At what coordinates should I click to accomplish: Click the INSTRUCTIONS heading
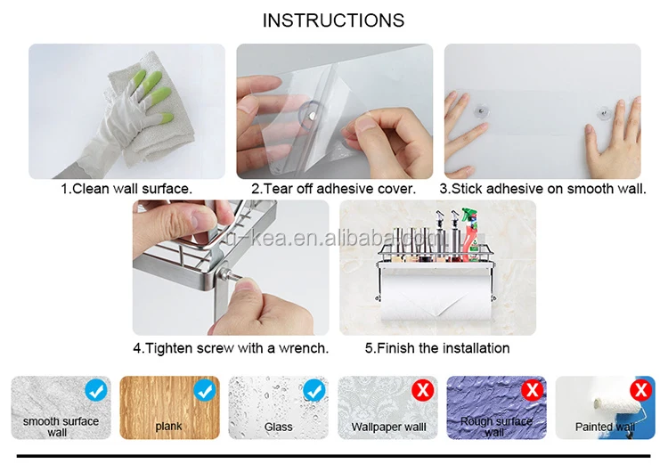[333, 20]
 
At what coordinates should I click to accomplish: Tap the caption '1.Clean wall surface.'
[126, 189]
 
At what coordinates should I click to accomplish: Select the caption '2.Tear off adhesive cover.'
[334, 189]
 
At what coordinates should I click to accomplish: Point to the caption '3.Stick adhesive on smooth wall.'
[542, 189]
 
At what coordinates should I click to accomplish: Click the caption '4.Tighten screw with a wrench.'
[231, 348]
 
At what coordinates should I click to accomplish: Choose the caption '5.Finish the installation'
[437, 348]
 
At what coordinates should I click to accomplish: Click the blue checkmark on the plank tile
[205, 390]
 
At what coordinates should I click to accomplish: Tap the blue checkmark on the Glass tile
[314, 390]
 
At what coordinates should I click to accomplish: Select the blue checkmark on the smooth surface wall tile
[96, 390]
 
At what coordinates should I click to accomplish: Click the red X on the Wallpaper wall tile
[422, 390]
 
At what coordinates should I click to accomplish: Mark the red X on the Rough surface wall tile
[532, 390]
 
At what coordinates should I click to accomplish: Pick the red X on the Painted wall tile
[641, 390]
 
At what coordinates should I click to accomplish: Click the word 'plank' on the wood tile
[168, 427]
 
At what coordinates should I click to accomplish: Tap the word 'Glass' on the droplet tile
[278, 427]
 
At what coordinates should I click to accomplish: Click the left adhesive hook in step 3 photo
[481, 111]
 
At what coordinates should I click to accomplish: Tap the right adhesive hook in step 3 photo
[604, 113]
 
